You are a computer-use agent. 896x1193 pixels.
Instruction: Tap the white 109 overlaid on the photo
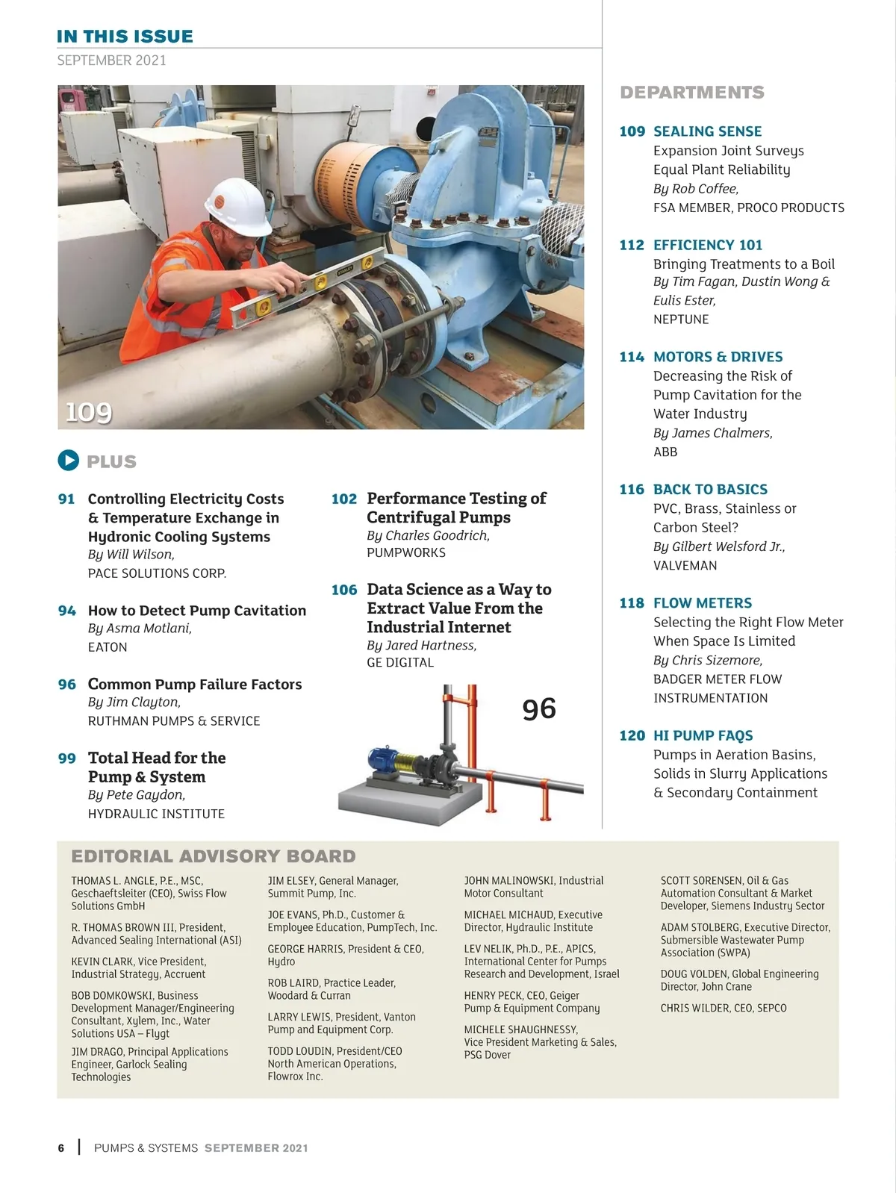(89, 412)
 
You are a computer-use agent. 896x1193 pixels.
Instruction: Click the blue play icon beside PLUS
(68, 461)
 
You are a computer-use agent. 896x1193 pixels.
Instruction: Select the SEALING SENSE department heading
(707, 131)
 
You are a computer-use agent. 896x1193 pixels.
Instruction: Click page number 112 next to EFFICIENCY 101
(632, 245)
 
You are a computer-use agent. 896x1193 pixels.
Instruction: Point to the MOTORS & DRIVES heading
(718, 357)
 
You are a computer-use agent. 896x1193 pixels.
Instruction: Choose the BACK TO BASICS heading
(710, 490)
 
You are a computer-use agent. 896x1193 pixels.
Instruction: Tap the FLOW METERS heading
(703, 603)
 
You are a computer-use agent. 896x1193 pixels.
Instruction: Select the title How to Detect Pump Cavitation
(197, 611)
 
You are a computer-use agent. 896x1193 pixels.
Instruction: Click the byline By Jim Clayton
(134, 703)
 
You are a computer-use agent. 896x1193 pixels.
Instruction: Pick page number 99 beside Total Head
(67, 759)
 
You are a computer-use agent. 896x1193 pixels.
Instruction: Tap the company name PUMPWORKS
(406, 553)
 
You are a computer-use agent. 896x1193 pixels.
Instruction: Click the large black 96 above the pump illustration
(539, 709)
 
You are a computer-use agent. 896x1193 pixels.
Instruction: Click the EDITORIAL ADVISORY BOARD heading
(214, 856)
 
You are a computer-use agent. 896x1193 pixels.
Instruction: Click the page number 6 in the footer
(61, 1148)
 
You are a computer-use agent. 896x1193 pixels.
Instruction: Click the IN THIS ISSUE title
(125, 37)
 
